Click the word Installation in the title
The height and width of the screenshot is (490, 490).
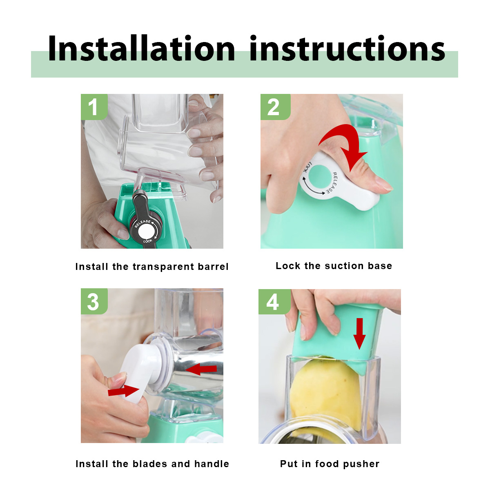141,48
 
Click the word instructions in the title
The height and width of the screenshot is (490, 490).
347,48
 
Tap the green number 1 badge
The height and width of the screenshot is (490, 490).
94,107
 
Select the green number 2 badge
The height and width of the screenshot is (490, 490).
275,107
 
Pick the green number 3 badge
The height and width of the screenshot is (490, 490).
94,301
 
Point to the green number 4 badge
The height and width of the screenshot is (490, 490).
274,302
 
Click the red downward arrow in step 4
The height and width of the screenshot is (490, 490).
359,333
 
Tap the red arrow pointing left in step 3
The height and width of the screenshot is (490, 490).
201,369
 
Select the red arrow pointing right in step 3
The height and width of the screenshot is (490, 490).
124,391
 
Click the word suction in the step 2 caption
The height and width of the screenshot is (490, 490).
344,266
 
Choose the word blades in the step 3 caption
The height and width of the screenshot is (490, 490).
150,464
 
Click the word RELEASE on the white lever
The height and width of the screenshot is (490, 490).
332,183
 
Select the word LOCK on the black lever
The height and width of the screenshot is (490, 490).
148,241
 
